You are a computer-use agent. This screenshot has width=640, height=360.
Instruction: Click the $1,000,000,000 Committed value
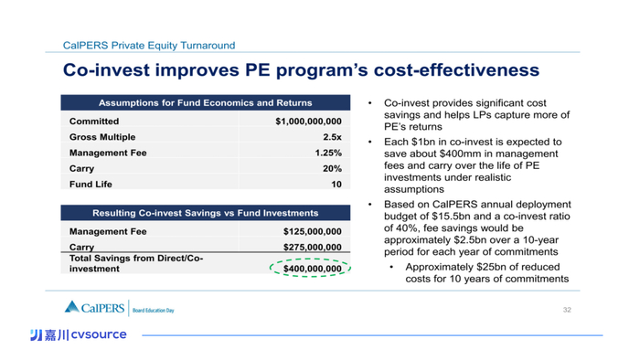[308, 122]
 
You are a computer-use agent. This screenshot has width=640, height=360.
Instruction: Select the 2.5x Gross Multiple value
[332, 137]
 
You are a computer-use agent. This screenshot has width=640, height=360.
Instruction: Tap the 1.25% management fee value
[328, 153]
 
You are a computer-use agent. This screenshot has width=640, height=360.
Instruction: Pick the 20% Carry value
[332, 168]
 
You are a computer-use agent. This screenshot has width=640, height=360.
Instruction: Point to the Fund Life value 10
[336, 185]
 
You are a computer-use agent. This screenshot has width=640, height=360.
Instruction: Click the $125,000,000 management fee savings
[313, 231]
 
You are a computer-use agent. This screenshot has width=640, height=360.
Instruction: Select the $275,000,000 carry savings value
[313, 247]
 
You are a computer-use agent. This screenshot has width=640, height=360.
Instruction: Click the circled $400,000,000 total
[313, 269]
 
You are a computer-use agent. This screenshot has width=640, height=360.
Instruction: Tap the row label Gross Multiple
[102, 137]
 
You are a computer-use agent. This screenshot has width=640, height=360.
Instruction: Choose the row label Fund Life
[91, 185]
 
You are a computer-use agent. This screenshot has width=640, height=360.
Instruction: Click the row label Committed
[94, 122]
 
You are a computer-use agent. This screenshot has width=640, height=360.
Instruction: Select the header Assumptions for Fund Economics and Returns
[206, 102]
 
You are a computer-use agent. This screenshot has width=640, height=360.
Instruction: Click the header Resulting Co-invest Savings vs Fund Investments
[206, 213]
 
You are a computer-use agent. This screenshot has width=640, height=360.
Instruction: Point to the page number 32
[567, 310]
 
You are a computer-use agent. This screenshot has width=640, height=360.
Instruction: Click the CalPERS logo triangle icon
[72, 307]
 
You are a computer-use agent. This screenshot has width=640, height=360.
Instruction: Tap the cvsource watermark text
[99, 334]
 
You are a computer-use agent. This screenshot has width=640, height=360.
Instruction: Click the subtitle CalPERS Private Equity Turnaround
[149, 46]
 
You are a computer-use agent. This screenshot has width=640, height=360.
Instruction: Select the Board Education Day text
[153, 311]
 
